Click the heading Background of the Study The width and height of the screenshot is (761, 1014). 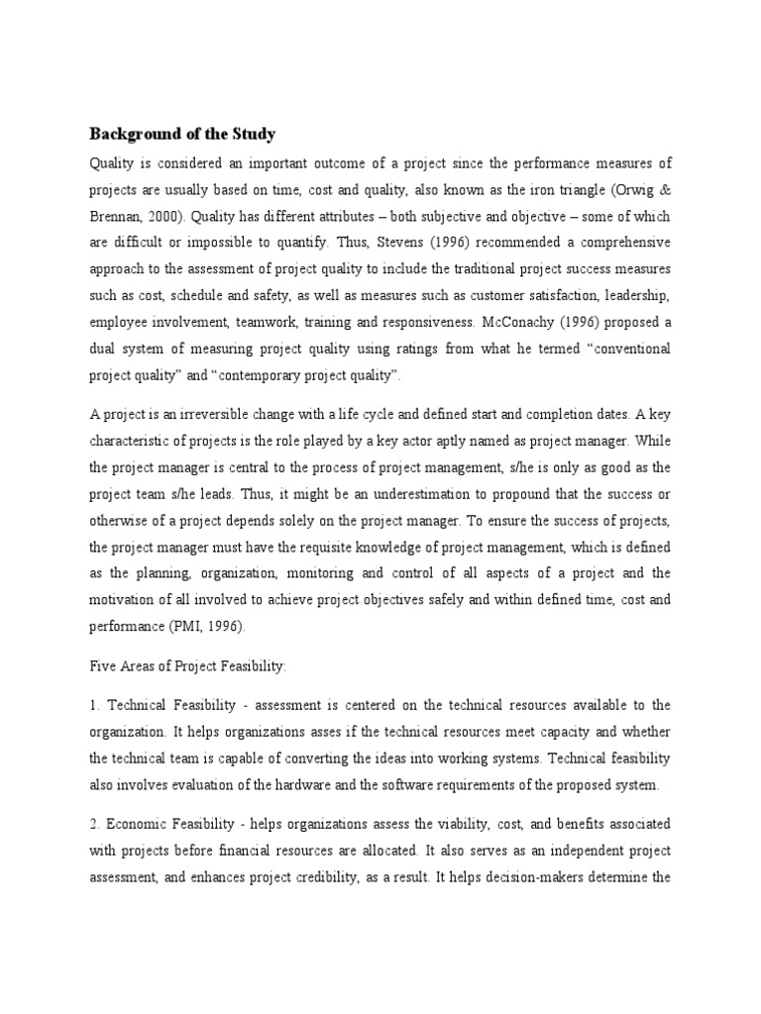click(x=182, y=134)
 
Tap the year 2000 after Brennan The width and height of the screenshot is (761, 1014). click(x=164, y=217)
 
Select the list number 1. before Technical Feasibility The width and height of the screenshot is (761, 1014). click(x=95, y=705)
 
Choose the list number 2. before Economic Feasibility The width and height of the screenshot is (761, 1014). click(x=95, y=824)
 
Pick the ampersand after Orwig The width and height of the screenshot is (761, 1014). click(x=666, y=189)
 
